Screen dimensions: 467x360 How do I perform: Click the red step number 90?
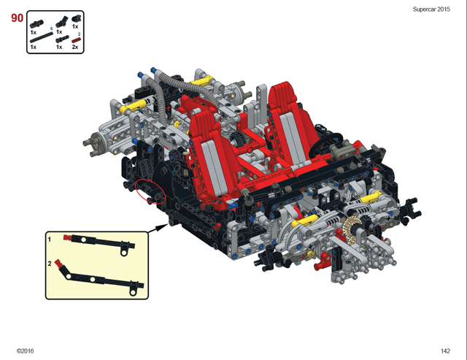[x=17, y=18]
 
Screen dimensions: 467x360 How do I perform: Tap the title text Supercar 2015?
[x=431, y=9]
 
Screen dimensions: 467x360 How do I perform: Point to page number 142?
[x=445, y=351]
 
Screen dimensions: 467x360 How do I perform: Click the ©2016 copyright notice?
[x=26, y=351]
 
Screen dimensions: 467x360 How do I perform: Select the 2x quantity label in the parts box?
[x=75, y=47]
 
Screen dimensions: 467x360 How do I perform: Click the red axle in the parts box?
[x=76, y=41]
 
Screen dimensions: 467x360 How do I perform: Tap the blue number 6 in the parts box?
[x=51, y=28]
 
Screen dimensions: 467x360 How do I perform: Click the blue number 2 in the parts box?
[x=80, y=34]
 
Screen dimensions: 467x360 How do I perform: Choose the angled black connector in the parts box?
[x=61, y=22]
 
